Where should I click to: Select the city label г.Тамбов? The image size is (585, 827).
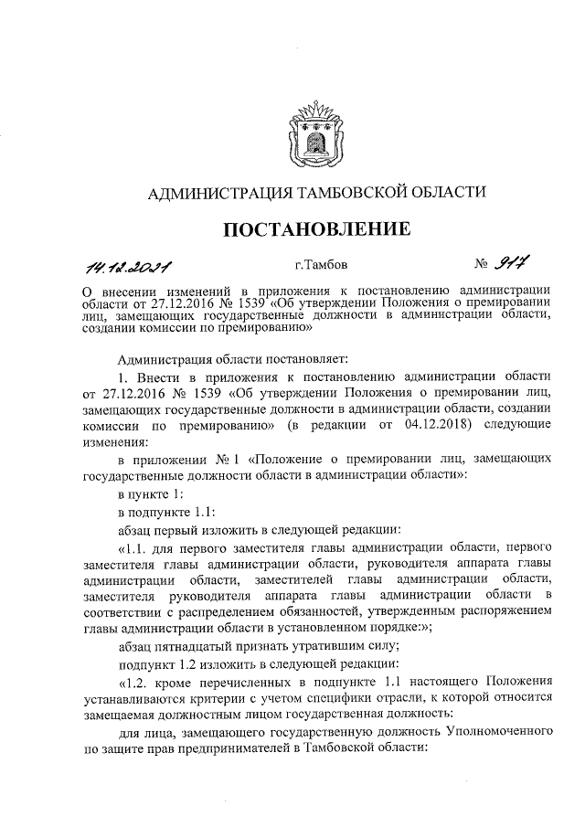[x=321, y=266]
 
